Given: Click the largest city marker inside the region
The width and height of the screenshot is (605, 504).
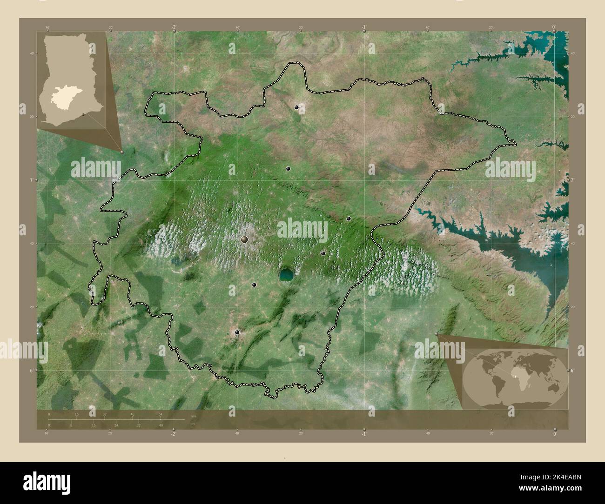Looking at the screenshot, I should pos(244,239).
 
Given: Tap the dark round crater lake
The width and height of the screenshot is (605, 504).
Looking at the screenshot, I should pos(286,275).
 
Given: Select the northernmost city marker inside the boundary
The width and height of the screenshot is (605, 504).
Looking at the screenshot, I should pos(296,107).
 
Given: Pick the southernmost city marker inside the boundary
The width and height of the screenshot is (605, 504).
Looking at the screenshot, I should pos(237,332).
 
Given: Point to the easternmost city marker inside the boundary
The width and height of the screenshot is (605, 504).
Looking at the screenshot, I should pos(349,219).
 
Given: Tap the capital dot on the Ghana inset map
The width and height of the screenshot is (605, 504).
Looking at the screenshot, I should pos(83,114).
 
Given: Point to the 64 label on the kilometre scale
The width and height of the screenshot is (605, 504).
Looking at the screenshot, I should pos(160,414).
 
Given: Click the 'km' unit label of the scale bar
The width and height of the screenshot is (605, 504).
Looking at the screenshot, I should pos(194,416).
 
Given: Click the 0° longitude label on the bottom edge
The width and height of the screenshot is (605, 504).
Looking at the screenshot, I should pos(554,434).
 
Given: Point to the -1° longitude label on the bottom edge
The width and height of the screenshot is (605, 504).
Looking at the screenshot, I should pos(363,434).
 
